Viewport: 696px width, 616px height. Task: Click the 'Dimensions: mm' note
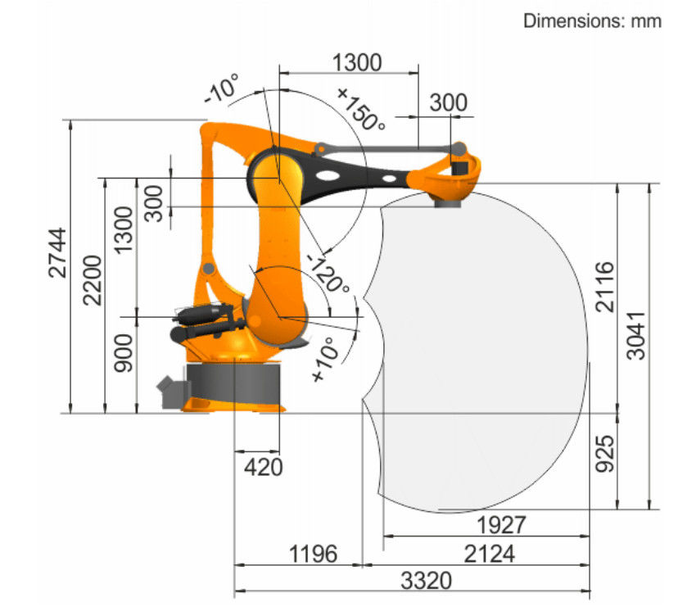(592, 20)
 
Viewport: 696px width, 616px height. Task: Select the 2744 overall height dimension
(57, 253)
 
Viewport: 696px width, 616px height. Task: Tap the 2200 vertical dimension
(93, 280)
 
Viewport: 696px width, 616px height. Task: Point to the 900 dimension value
(124, 353)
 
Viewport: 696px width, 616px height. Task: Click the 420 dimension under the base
(263, 467)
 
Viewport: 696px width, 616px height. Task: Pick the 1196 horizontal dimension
(313, 554)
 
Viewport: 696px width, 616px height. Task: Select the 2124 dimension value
(490, 554)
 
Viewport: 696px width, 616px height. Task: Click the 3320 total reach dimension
(426, 581)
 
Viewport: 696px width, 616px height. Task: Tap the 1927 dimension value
(501, 525)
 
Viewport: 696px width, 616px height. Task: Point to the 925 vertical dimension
(605, 454)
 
